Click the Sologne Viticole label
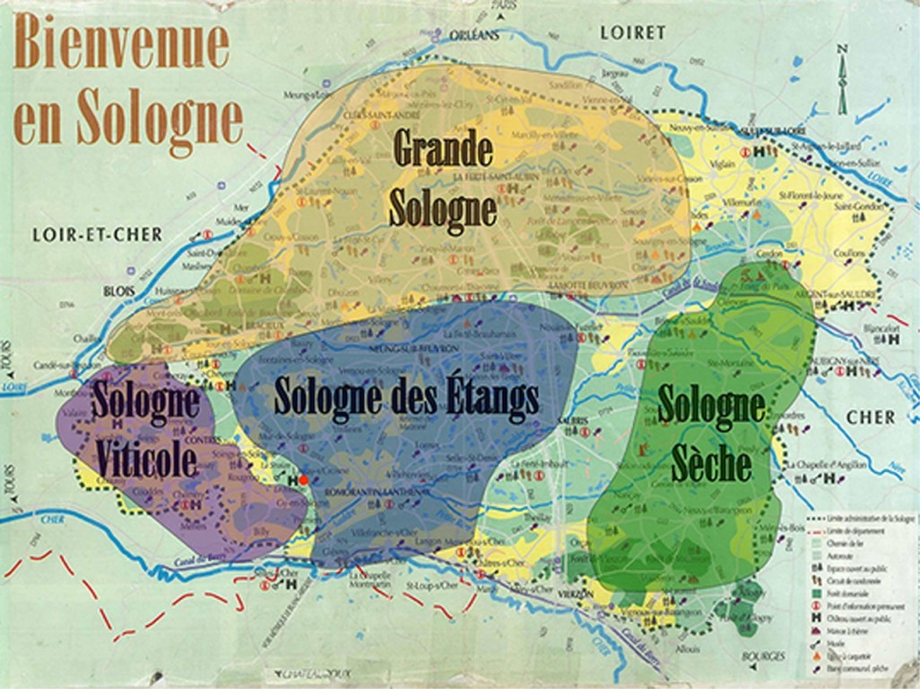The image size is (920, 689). click(x=146, y=430)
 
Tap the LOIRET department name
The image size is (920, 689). click(x=632, y=32)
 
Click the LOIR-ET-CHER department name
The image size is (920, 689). click(x=97, y=235)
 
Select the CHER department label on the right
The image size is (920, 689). click(x=871, y=417)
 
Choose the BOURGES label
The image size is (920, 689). click(x=764, y=657)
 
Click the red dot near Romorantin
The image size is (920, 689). click(x=304, y=480)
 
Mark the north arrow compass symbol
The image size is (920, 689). click(x=842, y=81)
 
